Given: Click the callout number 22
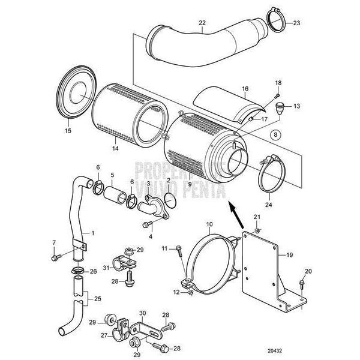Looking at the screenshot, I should (x=202, y=24).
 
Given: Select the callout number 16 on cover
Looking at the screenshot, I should (x=245, y=89).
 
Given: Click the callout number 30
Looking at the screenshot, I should (x=142, y=313).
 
